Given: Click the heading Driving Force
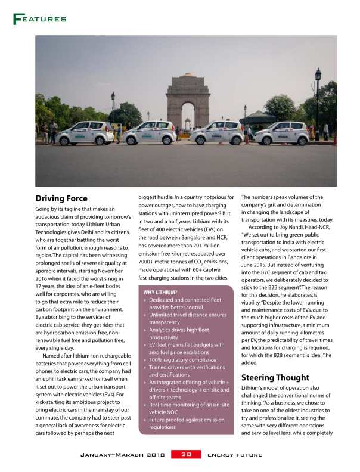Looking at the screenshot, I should [x=61, y=198].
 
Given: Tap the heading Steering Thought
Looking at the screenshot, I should [x=275, y=377].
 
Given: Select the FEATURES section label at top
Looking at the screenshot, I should [x=39, y=19].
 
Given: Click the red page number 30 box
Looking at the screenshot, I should [x=186, y=454].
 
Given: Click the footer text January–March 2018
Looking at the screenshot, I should [x=123, y=455].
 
